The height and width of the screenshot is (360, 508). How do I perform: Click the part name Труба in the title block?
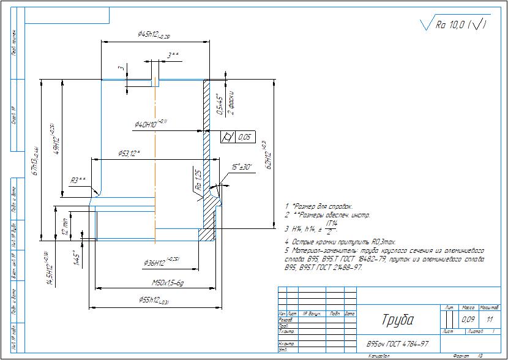pos(397,321)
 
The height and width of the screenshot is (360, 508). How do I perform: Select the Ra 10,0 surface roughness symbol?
pos(454,25)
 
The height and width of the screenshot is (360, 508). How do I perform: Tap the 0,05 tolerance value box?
pos(245,137)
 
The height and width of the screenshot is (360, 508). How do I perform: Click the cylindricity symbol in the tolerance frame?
pos(228,137)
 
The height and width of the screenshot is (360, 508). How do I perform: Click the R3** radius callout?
pos(78,180)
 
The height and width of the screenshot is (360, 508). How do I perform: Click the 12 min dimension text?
pos(65,227)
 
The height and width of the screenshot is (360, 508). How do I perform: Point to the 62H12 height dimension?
pos(264,157)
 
